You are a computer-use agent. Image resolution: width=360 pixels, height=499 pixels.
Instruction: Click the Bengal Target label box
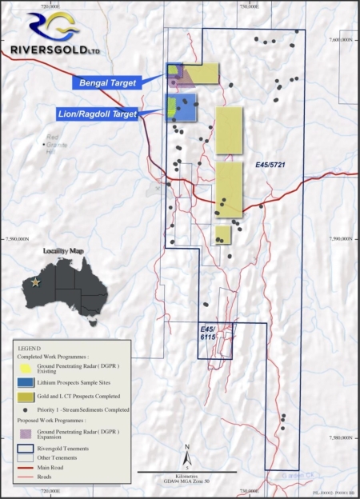pyautogui.click(x=106, y=82)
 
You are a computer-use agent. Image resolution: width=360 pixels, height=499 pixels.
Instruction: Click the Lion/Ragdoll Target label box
pyautogui.click(x=98, y=114)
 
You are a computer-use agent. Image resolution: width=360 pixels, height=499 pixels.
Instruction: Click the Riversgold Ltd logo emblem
pyautogui.click(x=34, y=24)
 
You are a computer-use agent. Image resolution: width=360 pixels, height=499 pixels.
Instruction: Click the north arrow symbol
pyautogui.click(x=186, y=454)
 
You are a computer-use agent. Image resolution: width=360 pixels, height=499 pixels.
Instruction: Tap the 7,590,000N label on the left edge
pyautogui.click(x=15, y=238)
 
